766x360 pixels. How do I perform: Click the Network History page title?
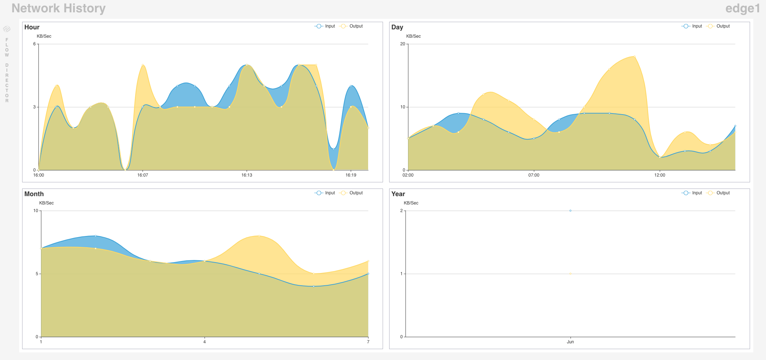pyautogui.click(x=58, y=8)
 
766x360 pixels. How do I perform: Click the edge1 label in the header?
pyautogui.click(x=742, y=8)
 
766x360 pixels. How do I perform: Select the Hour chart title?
pyautogui.click(x=32, y=27)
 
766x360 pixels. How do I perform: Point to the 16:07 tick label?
pyautogui.click(x=143, y=175)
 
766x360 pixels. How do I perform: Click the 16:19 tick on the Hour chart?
pyautogui.click(x=351, y=175)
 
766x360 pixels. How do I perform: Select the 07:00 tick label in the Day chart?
pyautogui.click(x=534, y=175)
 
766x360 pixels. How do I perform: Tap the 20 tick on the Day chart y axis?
pyautogui.click(x=403, y=44)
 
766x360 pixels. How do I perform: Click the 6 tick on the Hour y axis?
pyautogui.click(x=34, y=44)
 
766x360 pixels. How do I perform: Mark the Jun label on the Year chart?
pyautogui.click(x=570, y=342)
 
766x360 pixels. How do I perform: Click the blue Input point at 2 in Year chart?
pyautogui.click(x=570, y=211)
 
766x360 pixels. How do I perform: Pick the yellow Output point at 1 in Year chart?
pyautogui.click(x=570, y=274)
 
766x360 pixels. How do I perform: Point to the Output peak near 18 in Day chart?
pyautogui.click(x=634, y=57)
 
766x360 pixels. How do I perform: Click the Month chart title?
pyautogui.click(x=34, y=194)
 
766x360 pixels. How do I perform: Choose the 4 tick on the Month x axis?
pyautogui.click(x=205, y=342)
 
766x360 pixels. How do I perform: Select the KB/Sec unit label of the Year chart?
pyautogui.click(x=411, y=203)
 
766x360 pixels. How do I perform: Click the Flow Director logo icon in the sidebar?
pyautogui.click(x=7, y=29)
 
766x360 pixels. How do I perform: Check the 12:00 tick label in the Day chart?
pyautogui.click(x=659, y=175)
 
